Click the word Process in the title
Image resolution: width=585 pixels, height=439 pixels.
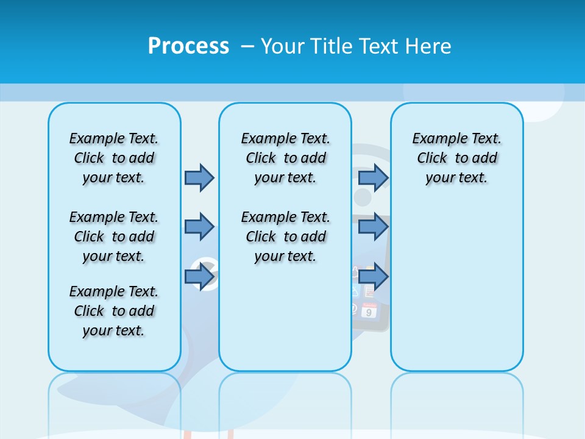tap(188, 46)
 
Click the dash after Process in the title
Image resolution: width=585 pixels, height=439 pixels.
tap(247, 47)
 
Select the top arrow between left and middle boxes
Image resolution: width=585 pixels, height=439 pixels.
tap(199, 177)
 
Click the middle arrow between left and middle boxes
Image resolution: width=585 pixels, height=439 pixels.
tap(199, 227)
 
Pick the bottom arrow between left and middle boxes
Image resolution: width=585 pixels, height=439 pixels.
tap(199, 276)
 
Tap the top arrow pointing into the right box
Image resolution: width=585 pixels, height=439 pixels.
tap(373, 177)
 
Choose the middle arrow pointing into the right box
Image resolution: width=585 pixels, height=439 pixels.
tap(373, 227)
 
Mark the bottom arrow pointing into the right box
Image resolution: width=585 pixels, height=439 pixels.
tap(373, 276)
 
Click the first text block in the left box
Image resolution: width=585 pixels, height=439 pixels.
tap(114, 158)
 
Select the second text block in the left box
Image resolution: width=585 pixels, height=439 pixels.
tap(114, 237)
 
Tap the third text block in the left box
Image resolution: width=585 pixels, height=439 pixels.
tap(114, 311)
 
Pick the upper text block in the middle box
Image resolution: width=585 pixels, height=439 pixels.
tap(285, 158)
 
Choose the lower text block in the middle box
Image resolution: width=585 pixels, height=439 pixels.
tap(285, 237)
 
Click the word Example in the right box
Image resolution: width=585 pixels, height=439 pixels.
tap(433, 138)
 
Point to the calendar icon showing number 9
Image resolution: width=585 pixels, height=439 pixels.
tap(369, 310)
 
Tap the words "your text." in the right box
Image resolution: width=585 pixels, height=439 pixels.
tap(456, 178)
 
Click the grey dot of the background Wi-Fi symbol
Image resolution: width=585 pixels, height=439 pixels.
tap(363, 197)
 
